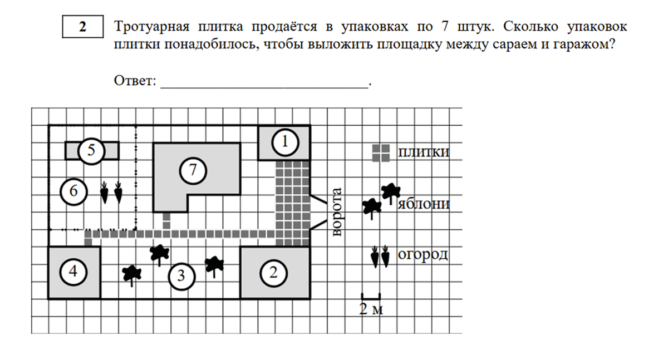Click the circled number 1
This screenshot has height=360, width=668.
(284, 142)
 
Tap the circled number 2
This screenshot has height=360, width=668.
(273, 273)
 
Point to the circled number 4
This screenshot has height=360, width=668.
(74, 272)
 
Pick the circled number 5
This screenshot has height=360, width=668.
(91, 150)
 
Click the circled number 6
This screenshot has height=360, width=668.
(74, 191)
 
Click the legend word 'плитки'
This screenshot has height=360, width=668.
(423, 152)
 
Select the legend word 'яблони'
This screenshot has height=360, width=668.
(424, 205)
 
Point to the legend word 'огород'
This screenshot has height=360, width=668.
(423, 255)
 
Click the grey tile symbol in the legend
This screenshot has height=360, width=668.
(381, 153)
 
